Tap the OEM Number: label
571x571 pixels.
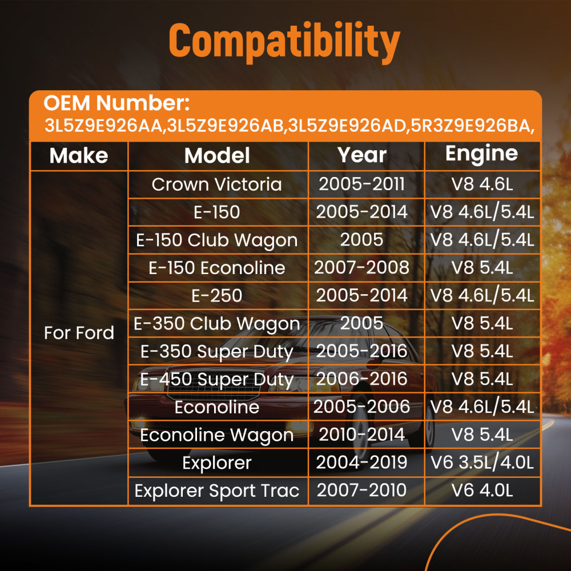point(116,103)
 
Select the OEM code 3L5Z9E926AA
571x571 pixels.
point(103,126)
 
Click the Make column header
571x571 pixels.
point(79,156)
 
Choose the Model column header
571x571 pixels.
point(217,156)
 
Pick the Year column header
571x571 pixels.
point(362,155)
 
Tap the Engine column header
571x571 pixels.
point(482,154)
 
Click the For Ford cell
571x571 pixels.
point(79,333)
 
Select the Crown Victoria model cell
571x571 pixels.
point(217,184)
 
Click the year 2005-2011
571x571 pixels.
point(362,184)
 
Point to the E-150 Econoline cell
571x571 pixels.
point(217,268)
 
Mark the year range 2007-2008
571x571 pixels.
point(362,268)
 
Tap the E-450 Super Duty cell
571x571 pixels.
point(217,380)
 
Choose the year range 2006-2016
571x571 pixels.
point(362,379)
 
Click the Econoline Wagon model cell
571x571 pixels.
point(217,436)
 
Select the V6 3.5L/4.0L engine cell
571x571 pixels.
point(482,463)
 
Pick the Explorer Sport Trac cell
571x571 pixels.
point(217,491)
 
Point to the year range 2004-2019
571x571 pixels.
point(362,463)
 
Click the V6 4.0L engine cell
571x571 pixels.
point(482,490)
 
